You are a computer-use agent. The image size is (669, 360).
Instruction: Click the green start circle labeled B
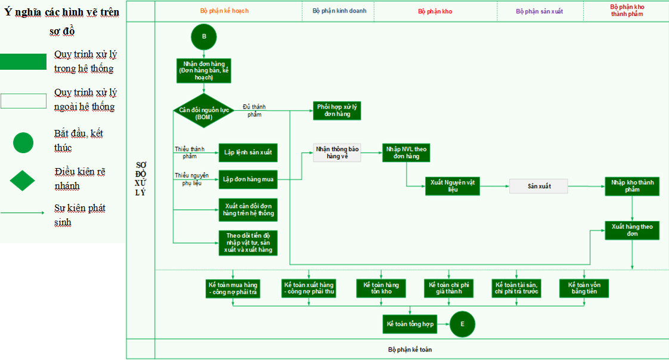pos(204,37)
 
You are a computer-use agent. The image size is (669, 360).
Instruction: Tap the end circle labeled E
pos(462,324)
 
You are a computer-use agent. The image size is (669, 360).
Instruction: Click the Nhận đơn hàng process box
pos(204,70)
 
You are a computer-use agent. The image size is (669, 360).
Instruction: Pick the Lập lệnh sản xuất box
pos(247,153)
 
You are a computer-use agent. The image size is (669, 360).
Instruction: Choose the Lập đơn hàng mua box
pos(247,179)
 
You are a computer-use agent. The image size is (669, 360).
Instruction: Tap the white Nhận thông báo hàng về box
pos(337,153)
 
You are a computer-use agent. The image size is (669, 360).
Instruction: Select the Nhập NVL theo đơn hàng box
pos(407,153)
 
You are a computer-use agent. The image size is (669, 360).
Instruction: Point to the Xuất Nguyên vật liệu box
pos(452,186)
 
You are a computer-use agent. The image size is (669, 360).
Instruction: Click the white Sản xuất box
pos(538,186)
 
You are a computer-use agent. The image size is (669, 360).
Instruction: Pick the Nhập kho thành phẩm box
pos(632,187)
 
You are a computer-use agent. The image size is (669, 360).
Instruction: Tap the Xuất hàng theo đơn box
pos(632,230)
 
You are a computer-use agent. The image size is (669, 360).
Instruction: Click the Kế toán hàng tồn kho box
pos(381,288)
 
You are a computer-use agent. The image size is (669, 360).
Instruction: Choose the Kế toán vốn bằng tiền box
pos(584,288)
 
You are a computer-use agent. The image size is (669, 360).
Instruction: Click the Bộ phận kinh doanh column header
pos(339,11)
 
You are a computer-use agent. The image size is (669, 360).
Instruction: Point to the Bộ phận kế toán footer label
pos(410,349)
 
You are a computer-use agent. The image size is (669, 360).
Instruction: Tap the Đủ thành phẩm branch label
pos(254,110)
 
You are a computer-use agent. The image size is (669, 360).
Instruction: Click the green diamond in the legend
pos(23,179)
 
